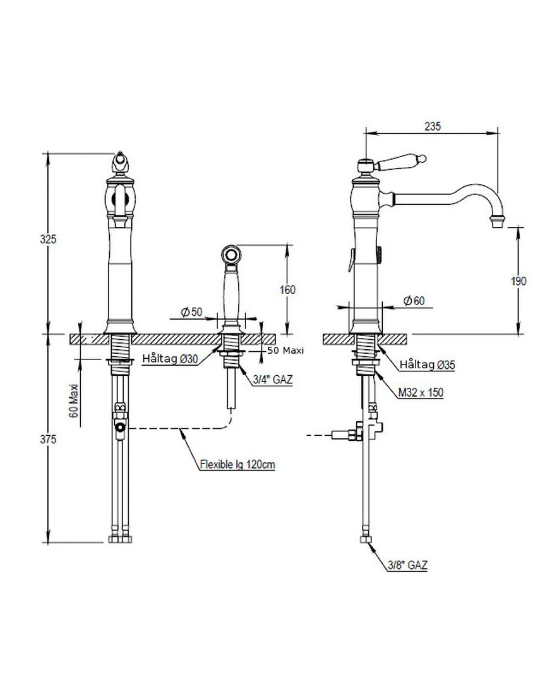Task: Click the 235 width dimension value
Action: (x=433, y=126)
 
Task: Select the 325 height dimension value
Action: (x=48, y=239)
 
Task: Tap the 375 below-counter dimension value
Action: (x=48, y=439)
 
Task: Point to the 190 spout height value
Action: (x=518, y=281)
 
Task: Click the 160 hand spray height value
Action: (x=288, y=290)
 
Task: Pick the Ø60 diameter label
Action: (x=414, y=300)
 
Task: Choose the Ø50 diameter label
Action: (x=192, y=312)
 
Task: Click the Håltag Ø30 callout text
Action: (x=170, y=359)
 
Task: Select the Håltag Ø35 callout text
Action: (x=427, y=364)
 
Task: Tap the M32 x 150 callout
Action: (x=421, y=392)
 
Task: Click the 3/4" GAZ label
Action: (x=273, y=379)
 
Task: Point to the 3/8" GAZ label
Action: (x=407, y=565)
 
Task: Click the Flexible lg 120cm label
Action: (x=238, y=464)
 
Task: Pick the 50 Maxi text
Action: (x=286, y=350)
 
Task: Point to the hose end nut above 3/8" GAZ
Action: (x=366, y=539)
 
